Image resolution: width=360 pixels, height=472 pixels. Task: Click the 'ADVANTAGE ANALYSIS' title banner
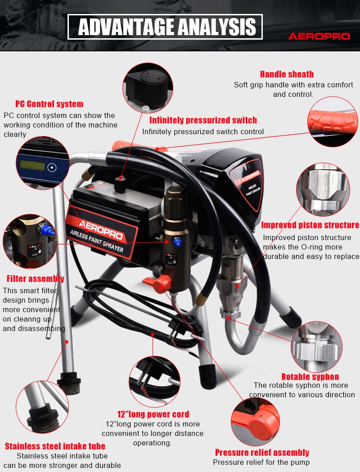pyautogui.click(x=165, y=27)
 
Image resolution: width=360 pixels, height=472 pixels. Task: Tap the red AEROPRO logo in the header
pyautogui.click(x=319, y=36)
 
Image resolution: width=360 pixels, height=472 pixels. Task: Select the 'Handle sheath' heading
pyautogui.click(x=287, y=74)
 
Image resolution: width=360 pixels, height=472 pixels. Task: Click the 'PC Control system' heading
pyautogui.click(x=49, y=104)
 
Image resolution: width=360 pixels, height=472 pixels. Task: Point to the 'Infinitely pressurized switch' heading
pyautogui.click(x=203, y=120)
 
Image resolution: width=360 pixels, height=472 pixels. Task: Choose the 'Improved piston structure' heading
pyautogui.click(x=310, y=225)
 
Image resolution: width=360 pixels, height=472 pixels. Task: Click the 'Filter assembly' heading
pyautogui.click(x=36, y=279)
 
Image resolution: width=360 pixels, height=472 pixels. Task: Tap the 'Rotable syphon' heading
pyautogui.click(x=310, y=377)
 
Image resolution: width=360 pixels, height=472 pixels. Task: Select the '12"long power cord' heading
pyautogui.click(x=153, y=414)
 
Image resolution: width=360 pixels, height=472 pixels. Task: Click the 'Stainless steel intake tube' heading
pyautogui.click(x=55, y=446)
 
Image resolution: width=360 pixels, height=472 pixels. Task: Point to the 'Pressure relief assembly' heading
pyautogui.click(x=262, y=453)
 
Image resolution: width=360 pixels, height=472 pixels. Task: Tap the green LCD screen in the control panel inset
pyautogui.click(x=32, y=165)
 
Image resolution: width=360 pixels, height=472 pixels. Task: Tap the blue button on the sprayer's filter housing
pyautogui.click(x=177, y=242)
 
